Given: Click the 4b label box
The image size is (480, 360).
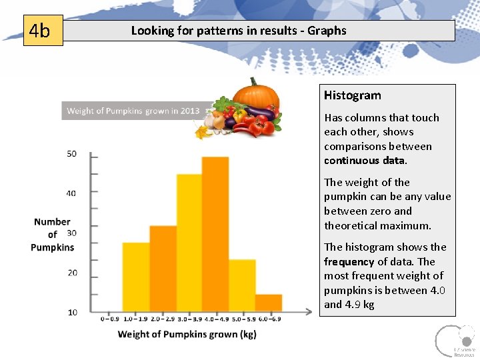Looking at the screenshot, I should click(x=43, y=31).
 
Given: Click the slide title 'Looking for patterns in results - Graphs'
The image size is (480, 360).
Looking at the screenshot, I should click(x=239, y=31).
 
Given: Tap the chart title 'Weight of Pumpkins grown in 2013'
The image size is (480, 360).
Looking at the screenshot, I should click(x=133, y=111).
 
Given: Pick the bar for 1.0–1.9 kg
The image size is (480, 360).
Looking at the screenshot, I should click(x=136, y=277).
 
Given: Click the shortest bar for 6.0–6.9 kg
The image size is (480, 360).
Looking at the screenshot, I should click(x=268, y=303).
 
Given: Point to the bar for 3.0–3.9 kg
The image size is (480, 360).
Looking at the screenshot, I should click(x=189, y=243).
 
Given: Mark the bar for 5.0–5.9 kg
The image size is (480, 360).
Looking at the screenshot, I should click(x=242, y=283).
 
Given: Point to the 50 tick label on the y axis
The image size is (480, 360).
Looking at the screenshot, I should click(x=71, y=154).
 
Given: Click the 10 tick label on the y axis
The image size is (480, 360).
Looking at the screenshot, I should click(x=71, y=312).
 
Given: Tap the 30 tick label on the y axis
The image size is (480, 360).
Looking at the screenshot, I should click(x=71, y=233).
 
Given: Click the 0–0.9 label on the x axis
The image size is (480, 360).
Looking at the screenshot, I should click(x=111, y=319).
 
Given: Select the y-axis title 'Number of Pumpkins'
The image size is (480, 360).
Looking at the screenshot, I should click(x=53, y=235).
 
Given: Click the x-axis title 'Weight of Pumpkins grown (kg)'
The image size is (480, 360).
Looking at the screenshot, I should click(x=187, y=334).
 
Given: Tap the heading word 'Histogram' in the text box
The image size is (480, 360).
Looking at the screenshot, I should click(x=353, y=95).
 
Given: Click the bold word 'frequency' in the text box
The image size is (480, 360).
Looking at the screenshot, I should click(x=349, y=262).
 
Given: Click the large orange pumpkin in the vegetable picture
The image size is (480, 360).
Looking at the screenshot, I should click(x=255, y=95).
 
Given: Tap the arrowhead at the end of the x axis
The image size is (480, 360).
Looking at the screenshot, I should click(x=307, y=311).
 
